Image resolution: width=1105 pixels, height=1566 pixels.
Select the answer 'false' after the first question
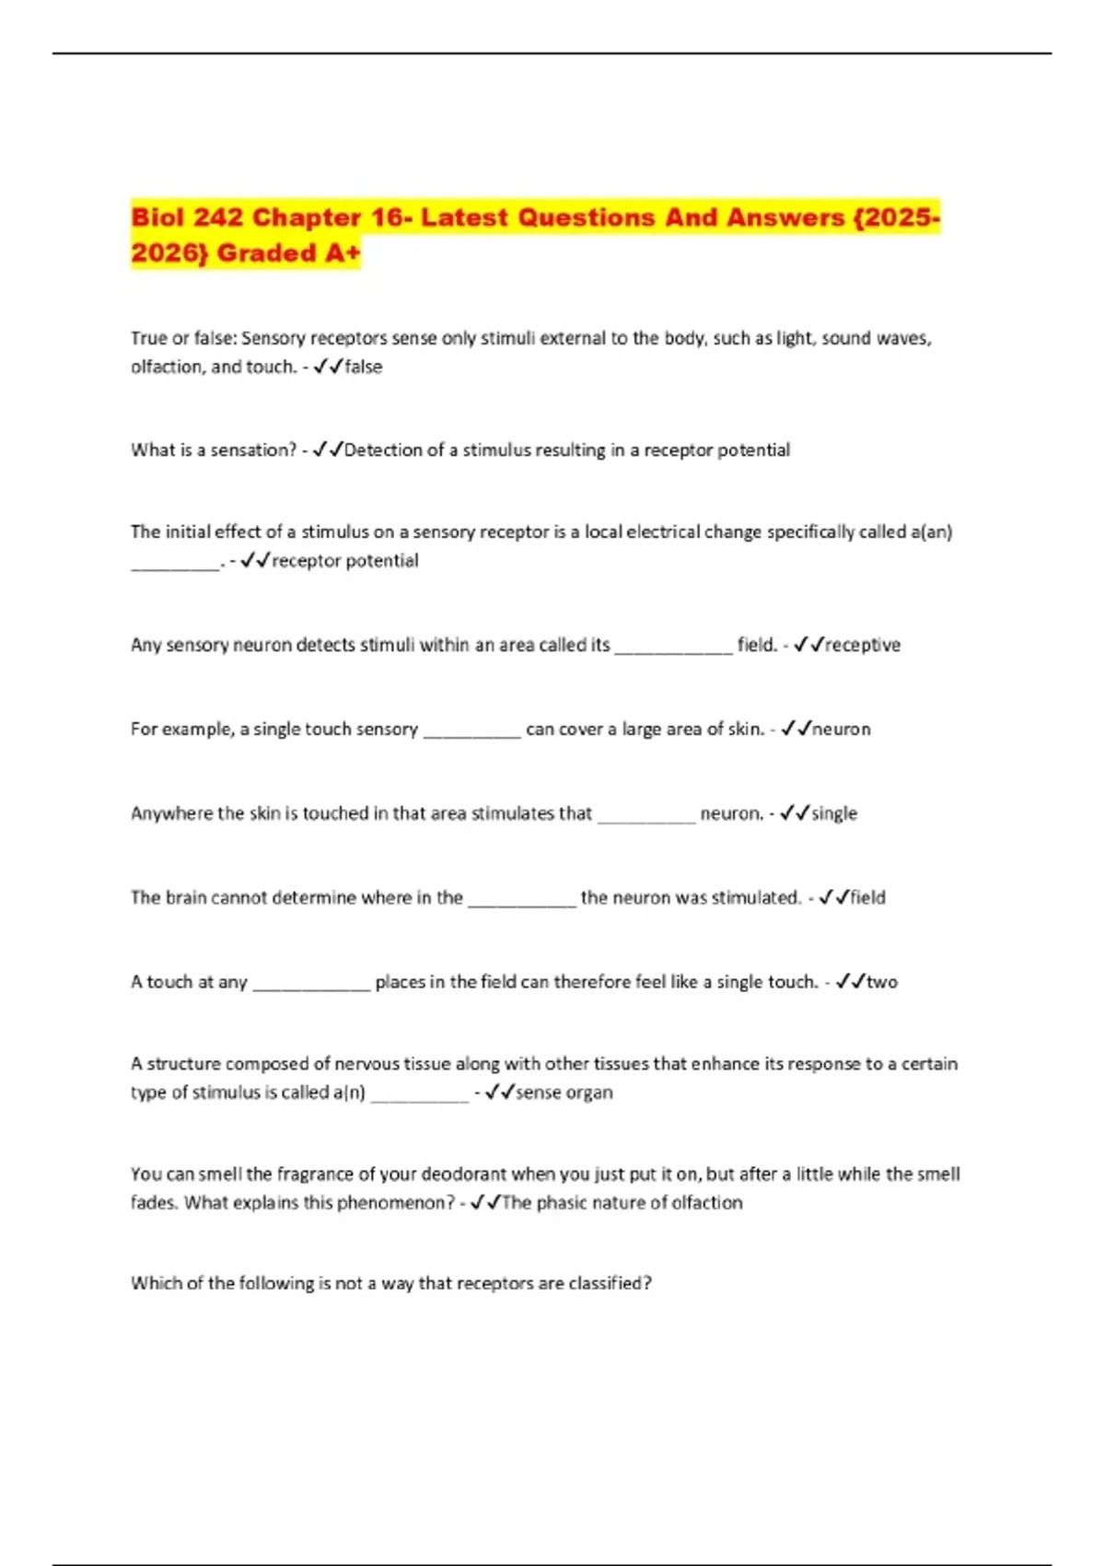[x=363, y=367]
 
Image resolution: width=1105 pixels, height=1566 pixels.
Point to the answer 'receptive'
[x=863, y=645]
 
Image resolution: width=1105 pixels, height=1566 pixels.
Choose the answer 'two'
[x=881, y=982]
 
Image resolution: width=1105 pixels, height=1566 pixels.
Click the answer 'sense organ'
[x=564, y=1093]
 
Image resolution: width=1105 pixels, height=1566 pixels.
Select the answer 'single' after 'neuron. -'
[x=834, y=813]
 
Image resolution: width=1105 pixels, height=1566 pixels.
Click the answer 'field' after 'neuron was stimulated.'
[x=867, y=897]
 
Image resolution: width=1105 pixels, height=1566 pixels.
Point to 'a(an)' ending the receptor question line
[x=930, y=532]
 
